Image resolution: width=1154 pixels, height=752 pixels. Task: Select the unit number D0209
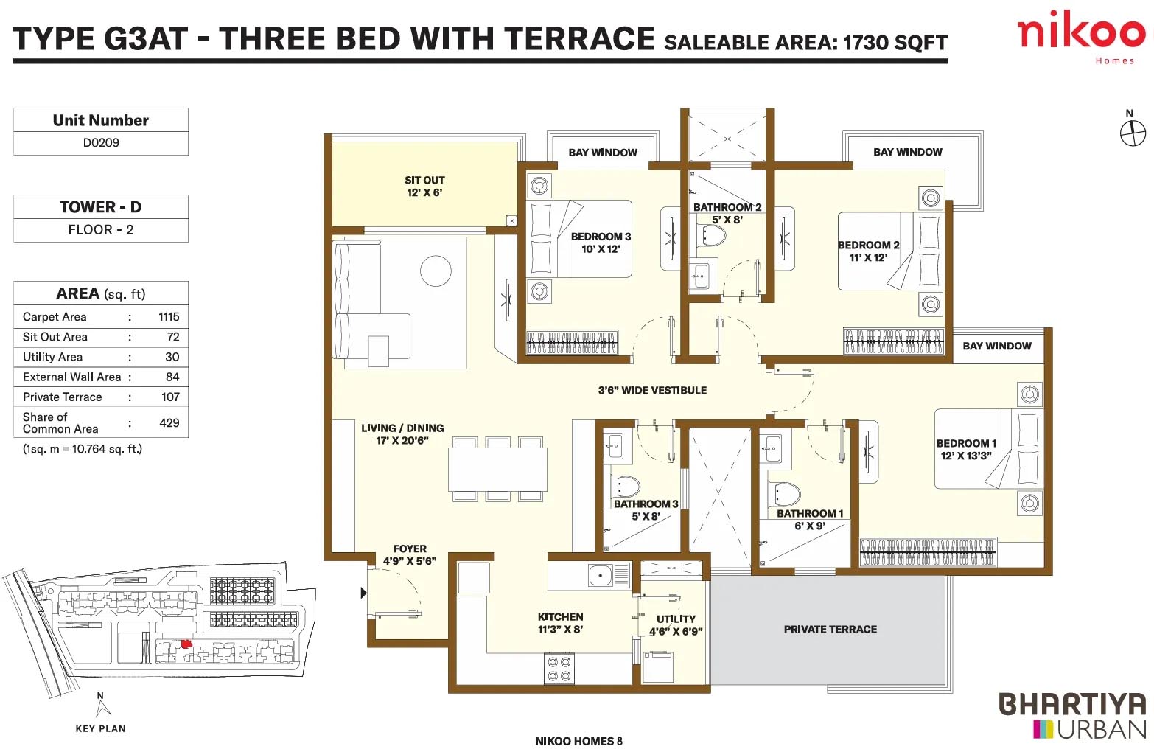tap(101, 143)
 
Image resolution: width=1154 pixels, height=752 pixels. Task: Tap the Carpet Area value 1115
tap(169, 316)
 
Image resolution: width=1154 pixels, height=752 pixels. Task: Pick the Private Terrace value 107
tap(170, 397)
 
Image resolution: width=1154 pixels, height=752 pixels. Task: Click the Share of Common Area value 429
tap(169, 422)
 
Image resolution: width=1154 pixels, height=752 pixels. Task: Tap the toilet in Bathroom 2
tap(711, 236)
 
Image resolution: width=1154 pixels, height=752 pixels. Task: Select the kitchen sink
tap(609, 575)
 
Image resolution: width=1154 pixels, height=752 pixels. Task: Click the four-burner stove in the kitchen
tap(559, 669)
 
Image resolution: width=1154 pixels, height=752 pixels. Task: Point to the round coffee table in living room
tap(436, 271)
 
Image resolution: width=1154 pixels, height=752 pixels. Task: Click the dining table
tap(497, 469)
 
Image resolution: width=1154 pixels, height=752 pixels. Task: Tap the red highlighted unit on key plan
tap(186, 644)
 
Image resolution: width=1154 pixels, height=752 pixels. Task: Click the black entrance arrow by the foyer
tap(364, 593)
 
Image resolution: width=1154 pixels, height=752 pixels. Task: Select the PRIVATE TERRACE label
tap(830, 630)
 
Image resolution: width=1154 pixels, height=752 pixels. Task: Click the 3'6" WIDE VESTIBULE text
tap(652, 390)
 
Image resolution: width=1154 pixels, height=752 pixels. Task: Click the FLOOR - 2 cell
tap(101, 230)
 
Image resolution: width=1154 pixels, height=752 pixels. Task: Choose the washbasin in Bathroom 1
tap(772, 448)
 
